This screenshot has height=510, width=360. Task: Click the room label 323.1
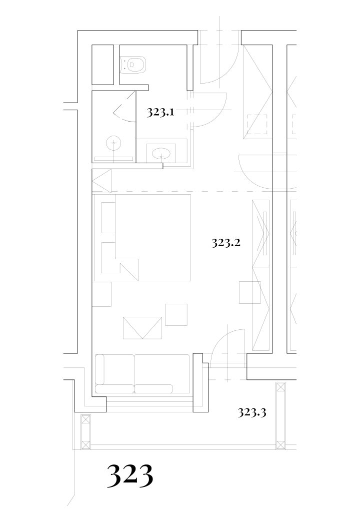(160, 112)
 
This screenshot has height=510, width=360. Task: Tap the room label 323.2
(226, 243)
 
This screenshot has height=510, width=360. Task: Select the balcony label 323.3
(252, 412)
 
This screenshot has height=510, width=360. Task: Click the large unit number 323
(130, 476)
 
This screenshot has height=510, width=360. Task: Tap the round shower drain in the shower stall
(113, 143)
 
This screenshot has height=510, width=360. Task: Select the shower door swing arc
(124, 107)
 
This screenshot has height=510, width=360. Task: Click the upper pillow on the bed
(108, 217)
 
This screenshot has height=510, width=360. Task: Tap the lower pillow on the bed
(108, 258)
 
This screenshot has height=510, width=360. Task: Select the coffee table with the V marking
(142, 328)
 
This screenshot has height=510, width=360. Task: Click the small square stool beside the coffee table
(176, 314)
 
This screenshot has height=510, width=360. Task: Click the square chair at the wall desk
(250, 292)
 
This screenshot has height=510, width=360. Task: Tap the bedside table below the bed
(101, 294)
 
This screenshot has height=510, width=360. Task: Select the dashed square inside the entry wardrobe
(257, 124)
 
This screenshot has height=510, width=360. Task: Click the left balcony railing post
(85, 432)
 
